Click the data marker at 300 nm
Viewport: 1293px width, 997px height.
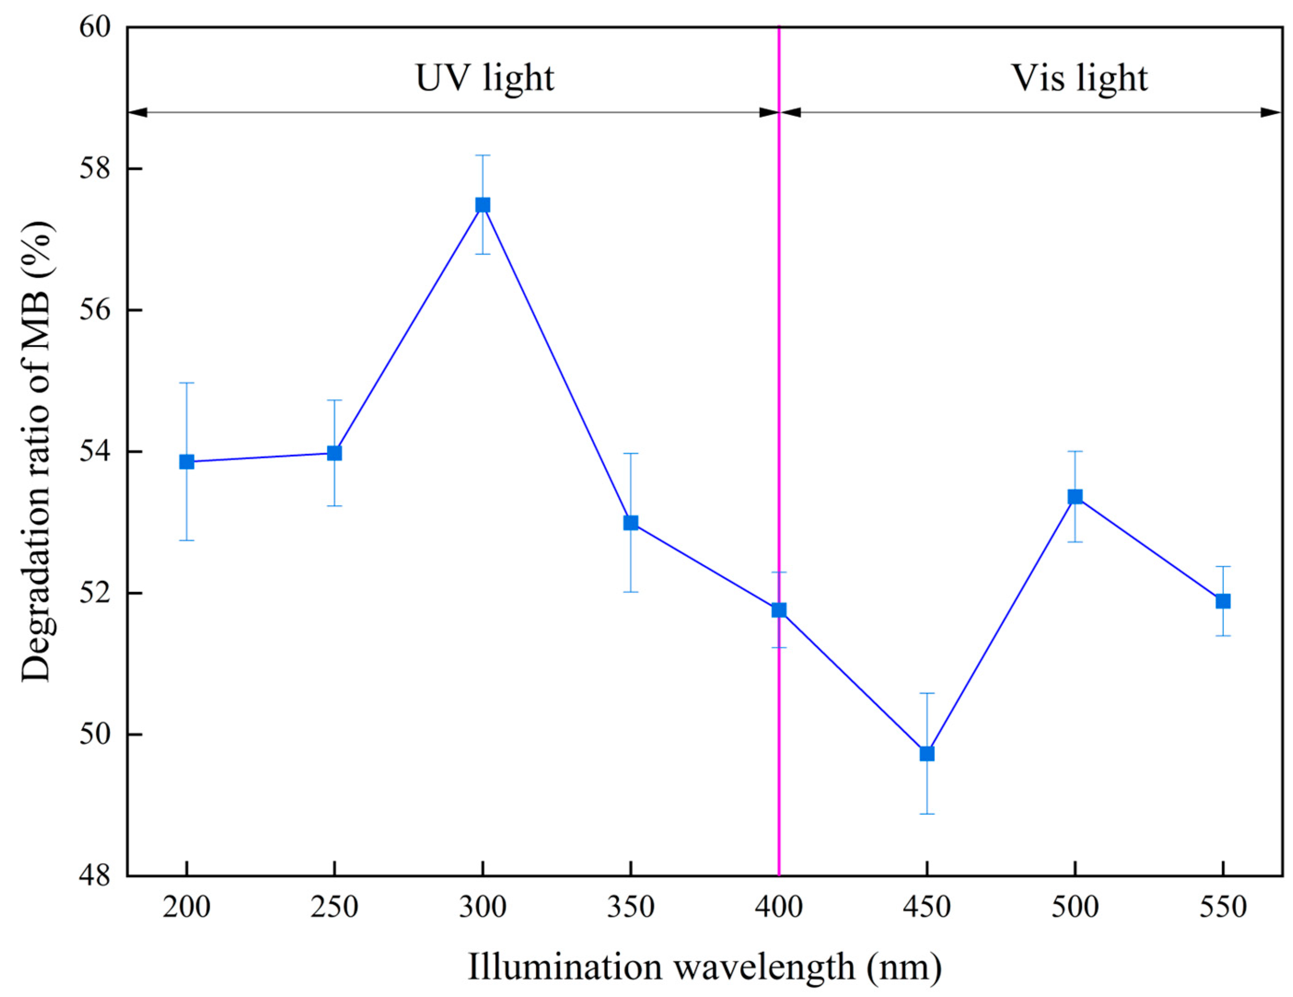coord(482,205)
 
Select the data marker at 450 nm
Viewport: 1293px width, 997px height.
coord(927,754)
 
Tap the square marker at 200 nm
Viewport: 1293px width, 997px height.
coord(186,462)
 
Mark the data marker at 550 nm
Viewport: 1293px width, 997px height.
coord(1223,601)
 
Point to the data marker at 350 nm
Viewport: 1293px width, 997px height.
coord(631,523)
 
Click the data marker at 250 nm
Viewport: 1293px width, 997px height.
coord(335,453)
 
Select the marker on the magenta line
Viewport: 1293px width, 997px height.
coord(778,610)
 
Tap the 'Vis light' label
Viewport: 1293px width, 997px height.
coord(1079,78)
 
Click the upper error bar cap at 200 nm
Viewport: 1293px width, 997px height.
coord(186,383)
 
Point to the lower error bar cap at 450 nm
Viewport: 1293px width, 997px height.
coord(927,814)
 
